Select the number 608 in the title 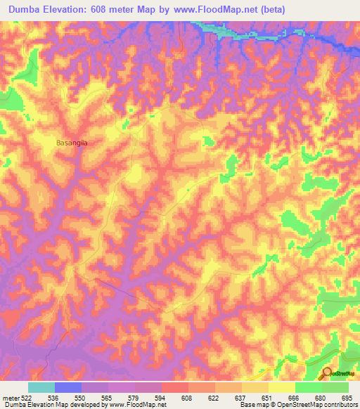(114, 10)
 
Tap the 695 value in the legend (345, 398)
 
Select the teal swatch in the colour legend (41, 387)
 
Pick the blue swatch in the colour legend (68, 387)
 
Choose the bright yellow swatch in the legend (281, 387)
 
